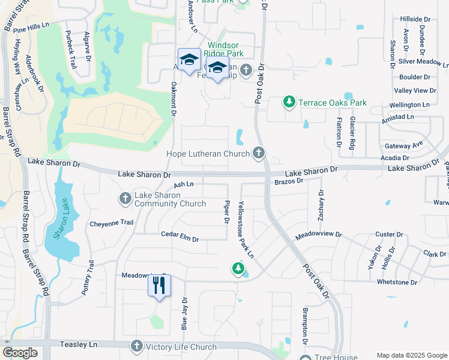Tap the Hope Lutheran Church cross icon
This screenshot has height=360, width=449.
(x=259, y=153)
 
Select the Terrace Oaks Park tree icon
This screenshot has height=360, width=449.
(x=289, y=103)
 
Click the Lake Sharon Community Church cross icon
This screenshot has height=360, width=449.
(x=125, y=197)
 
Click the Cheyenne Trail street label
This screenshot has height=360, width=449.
(x=111, y=223)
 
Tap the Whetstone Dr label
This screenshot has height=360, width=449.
(x=396, y=282)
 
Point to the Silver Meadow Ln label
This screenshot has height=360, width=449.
(x=423, y=61)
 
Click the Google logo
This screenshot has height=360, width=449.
(x=20, y=353)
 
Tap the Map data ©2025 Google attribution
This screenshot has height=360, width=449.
(x=411, y=355)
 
